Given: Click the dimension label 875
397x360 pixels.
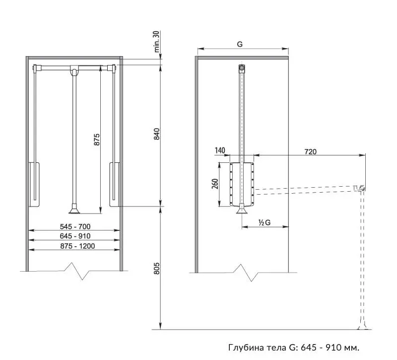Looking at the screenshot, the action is [x=97, y=140].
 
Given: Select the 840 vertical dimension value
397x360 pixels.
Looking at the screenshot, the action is [x=157, y=134].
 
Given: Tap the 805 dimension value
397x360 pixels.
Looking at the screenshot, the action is [x=157, y=268].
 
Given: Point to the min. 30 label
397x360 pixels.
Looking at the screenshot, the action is [x=157, y=42].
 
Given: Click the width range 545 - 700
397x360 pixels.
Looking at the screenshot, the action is [x=75, y=226].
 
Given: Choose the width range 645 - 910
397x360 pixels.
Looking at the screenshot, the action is [x=75, y=236].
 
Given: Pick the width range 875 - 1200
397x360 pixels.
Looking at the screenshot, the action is [x=77, y=246].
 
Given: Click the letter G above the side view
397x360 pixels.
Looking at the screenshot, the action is [x=240, y=44].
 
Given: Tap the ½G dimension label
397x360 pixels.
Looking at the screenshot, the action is [x=265, y=222].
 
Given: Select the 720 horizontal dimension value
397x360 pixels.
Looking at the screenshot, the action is [x=311, y=151].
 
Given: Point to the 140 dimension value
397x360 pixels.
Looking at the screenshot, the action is [x=220, y=150].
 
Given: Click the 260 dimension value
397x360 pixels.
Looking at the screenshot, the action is [x=215, y=184].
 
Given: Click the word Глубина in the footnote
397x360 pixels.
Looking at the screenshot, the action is [x=246, y=347].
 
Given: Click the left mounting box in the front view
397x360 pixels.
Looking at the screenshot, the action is [x=34, y=184].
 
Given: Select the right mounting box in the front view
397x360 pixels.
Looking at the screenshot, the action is [x=115, y=184].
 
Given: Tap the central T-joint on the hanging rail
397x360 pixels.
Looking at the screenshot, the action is [x=74, y=70].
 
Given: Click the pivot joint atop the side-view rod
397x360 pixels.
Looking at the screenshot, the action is [x=242, y=68].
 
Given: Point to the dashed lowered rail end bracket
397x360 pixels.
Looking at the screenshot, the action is [x=359, y=189].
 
